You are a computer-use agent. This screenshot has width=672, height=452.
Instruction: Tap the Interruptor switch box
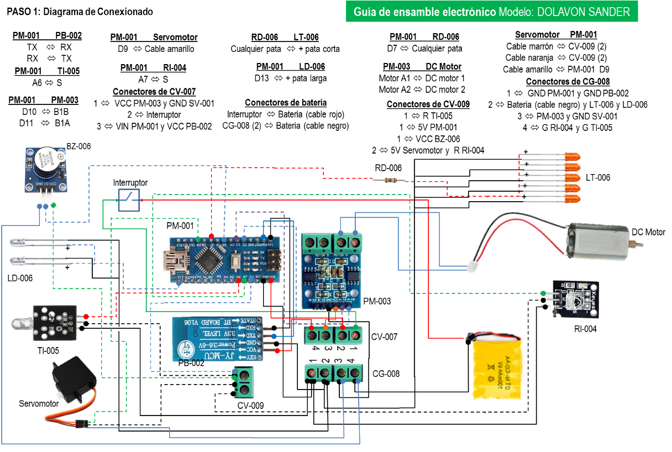(x=129, y=200)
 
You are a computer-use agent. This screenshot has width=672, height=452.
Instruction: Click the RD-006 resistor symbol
(x=395, y=180)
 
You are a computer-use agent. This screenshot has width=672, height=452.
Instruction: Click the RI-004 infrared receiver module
(x=575, y=299)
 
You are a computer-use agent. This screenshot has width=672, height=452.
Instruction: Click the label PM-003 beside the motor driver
(x=377, y=301)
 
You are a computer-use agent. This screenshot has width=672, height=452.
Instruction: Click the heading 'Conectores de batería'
(x=286, y=103)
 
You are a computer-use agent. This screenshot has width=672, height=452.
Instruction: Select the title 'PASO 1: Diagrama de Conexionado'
(x=80, y=12)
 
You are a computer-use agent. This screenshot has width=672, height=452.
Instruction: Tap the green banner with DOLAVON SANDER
(x=491, y=12)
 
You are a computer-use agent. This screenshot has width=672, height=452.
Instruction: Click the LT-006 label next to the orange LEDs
(x=598, y=177)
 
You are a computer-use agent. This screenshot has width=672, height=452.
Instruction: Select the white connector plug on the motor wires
(x=472, y=267)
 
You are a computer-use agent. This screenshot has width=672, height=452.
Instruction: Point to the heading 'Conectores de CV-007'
(x=154, y=92)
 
